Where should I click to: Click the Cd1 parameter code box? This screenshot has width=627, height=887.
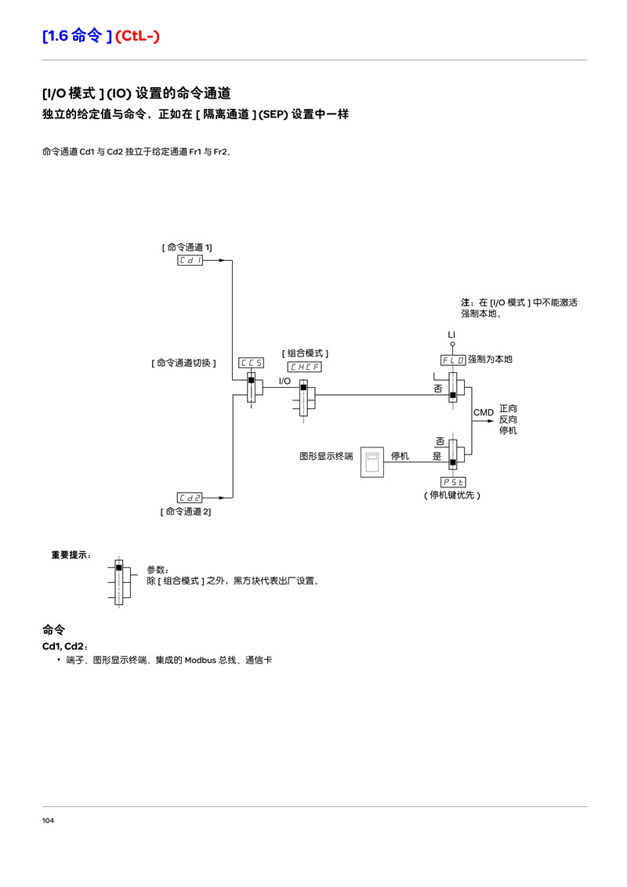(x=190, y=260)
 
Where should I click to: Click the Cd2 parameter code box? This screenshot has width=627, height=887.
(x=190, y=498)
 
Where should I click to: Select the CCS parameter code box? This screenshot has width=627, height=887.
(x=252, y=363)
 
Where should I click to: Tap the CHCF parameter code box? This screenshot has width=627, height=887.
(x=304, y=367)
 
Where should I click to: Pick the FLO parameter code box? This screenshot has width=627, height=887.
(x=453, y=360)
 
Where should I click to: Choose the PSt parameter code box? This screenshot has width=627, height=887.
(x=453, y=482)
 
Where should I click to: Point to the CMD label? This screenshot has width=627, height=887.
(x=484, y=412)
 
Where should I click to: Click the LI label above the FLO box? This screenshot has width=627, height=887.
(x=451, y=335)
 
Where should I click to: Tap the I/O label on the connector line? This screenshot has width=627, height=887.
(x=285, y=382)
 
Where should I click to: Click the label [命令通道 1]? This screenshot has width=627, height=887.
(x=187, y=247)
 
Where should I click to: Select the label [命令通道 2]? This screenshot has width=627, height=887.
(x=187, y=512)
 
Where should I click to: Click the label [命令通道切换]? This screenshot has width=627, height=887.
(x=184, y=363)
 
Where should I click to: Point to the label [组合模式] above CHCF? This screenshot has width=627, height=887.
(x=305, y=353)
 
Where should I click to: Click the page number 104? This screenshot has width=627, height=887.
(x=48, y=820)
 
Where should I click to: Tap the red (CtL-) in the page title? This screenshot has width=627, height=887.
(x=137, y=35)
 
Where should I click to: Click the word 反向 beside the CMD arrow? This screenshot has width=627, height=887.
(x=508, y=419)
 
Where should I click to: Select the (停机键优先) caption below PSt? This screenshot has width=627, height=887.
(x=452, y=495)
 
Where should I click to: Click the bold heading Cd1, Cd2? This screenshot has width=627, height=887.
(x=64, y=646)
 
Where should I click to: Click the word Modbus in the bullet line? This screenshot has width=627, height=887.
(x=201, y=660)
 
